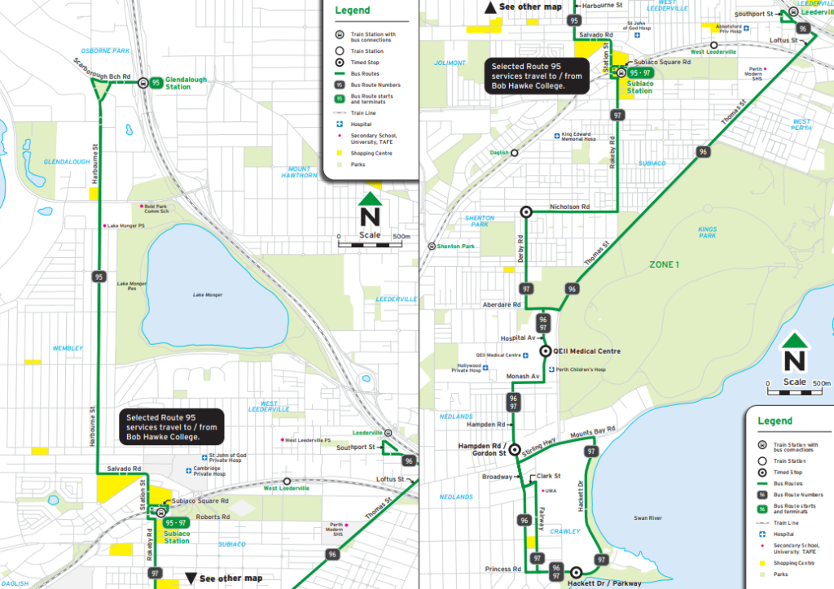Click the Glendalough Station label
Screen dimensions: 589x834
[186, 83]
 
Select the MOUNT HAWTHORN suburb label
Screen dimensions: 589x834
[298, 172]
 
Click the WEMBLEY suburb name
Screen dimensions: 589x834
[68, 348]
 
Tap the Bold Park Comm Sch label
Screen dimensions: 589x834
[156, 209]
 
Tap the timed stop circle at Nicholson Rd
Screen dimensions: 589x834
[526, 212]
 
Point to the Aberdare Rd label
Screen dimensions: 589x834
[501, 304]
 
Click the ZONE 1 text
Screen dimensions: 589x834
[663, 265]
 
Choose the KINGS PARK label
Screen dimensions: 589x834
[707, 233]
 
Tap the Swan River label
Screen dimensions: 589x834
[649, 517]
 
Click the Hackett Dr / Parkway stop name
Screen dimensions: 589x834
[604, 582]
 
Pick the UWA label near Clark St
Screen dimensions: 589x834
[551, 491]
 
